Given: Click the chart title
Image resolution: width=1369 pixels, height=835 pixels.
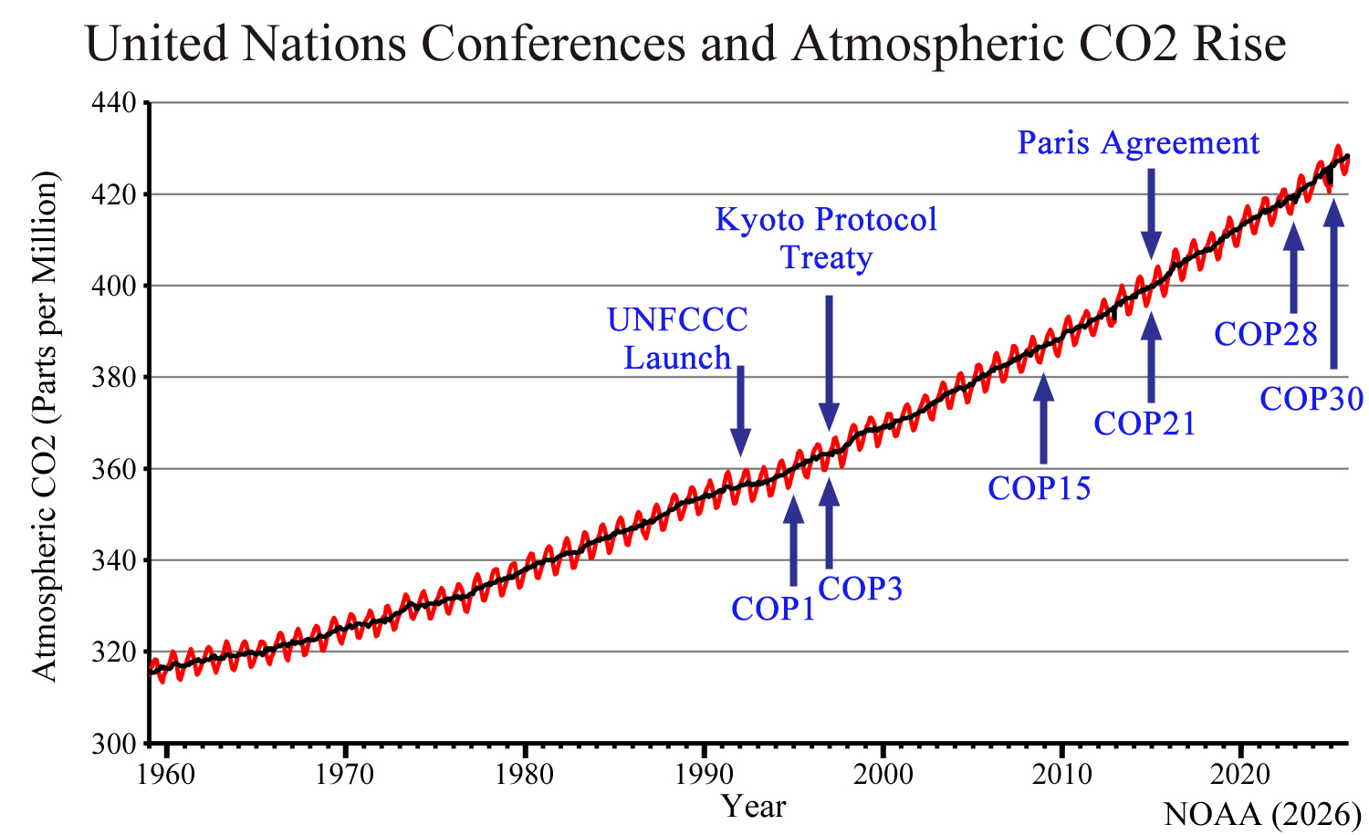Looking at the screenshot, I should pos(685,44).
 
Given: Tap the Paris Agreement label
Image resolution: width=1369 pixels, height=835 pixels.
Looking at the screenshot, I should pos(1138,143).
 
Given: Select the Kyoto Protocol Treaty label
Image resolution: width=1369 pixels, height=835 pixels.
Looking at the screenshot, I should pos(826,238).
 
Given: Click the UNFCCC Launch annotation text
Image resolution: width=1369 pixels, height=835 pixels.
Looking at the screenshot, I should pos(677,339).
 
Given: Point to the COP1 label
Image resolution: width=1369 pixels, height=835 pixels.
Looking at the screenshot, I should pos(773,609).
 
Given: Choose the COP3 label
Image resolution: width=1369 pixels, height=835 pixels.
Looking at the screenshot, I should pos(860,590).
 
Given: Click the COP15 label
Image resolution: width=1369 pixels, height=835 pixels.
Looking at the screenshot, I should pos(1040,489).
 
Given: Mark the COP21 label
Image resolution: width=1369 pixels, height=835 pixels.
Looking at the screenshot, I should pos(1144,423).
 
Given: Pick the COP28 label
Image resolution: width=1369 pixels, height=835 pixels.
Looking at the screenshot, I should pos(1266,335).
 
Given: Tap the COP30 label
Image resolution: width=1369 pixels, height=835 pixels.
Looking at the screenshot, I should pos(1312,399).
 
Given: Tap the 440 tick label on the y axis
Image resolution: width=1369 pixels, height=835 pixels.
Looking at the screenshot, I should pos(115,103).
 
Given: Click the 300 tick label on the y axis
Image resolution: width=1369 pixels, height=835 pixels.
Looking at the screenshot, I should pos(115,744).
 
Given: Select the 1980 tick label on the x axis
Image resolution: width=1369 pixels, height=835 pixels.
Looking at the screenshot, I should pos(524,775).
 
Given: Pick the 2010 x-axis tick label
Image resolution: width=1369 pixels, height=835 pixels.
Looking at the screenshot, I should pos(1062,775).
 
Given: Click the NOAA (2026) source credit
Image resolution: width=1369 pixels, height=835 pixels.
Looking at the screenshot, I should pos(1262,814).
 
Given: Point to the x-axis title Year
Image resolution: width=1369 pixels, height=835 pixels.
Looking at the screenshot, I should pos(753,807).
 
